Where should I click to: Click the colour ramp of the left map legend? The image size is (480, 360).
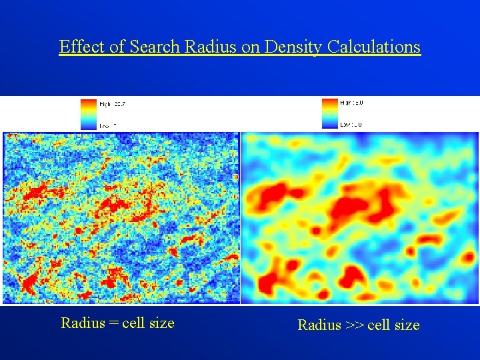point(89,113)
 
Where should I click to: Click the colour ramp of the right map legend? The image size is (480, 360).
point(329,113)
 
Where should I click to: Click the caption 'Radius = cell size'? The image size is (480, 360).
point(117,323)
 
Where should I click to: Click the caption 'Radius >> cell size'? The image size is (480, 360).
point(358,325)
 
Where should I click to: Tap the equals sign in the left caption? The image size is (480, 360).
point(113,324)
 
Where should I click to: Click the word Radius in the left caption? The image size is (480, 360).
point(83,323)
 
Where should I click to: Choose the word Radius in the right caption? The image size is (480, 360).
point(319,325)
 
